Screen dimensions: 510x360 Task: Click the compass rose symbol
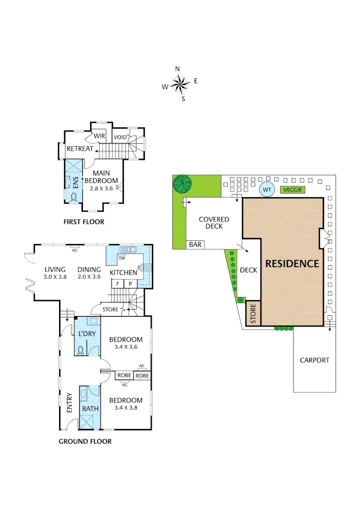tap(179, 85)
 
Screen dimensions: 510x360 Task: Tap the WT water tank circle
tap(268, 190)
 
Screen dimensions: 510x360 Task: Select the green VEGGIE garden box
tap(293, 190)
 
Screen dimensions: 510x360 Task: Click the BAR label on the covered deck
tap(195, 245)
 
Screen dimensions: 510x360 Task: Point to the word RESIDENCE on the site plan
tap(292, 263)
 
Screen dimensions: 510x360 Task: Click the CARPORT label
tap(314, 360)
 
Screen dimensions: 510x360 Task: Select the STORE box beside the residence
tap(253, 314)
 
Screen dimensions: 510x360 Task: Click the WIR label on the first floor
tap(99, 136)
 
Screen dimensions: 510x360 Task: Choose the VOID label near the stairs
tap(120, 137)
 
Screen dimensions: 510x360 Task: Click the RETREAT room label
tap(80, 149)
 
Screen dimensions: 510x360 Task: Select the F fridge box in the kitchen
tap(117, 283)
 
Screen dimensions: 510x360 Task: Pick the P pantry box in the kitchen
tap(128, 283)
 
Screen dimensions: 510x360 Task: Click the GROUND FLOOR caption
tap(85, 442)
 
